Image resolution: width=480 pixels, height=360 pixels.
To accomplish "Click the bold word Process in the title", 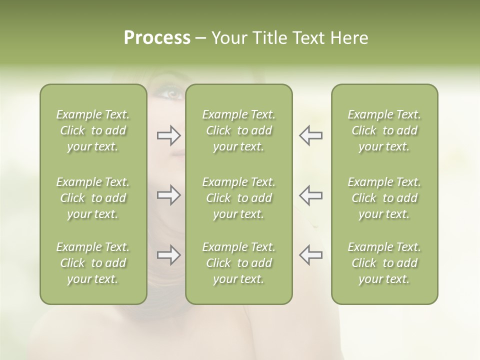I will pyautogui.click(x=157, y=38).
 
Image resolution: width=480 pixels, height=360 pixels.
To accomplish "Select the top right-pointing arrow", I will pyautogui.click(x=169, y=135).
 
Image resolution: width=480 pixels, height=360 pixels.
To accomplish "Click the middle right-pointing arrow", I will pyautogui.click(x=169, y=195).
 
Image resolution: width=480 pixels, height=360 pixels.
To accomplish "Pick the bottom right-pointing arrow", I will pyautogui.click(x=169, y=255).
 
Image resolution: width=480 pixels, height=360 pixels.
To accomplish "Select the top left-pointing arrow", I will pyautogui.click(x=310, y=135).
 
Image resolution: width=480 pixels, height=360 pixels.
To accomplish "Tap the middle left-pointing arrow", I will pyautogui.click(x=310, y=195).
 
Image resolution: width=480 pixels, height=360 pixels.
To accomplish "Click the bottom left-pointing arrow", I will pyautogui.click(x=310, y=255).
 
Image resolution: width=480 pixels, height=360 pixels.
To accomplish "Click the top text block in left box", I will pyautogui.click(x=93, y=130).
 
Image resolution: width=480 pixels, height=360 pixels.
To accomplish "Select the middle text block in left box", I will pyautogui.click(x=93, y=198).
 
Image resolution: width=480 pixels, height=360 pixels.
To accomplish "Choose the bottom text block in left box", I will pyautogui.click(x=93, y=263).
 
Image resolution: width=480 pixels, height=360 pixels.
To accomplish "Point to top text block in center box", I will pyautogui.click(x=238, y=130).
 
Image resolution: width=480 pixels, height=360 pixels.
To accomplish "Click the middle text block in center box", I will pyautogui.click(x=238, y=198).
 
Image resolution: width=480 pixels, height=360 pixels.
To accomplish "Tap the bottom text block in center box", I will pyautogui.click(x=238, y=263).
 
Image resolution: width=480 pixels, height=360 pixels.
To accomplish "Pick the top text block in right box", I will pyautogui.click(x=384, y=130).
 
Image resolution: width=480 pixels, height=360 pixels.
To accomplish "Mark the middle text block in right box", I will pyautogui.click(x=384, y=198).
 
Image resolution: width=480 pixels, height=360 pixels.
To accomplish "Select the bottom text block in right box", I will pyautogui.click(x=384, y=263).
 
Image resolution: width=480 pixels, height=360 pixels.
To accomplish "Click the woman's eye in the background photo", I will pyautogui.click(x=171, y=92).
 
